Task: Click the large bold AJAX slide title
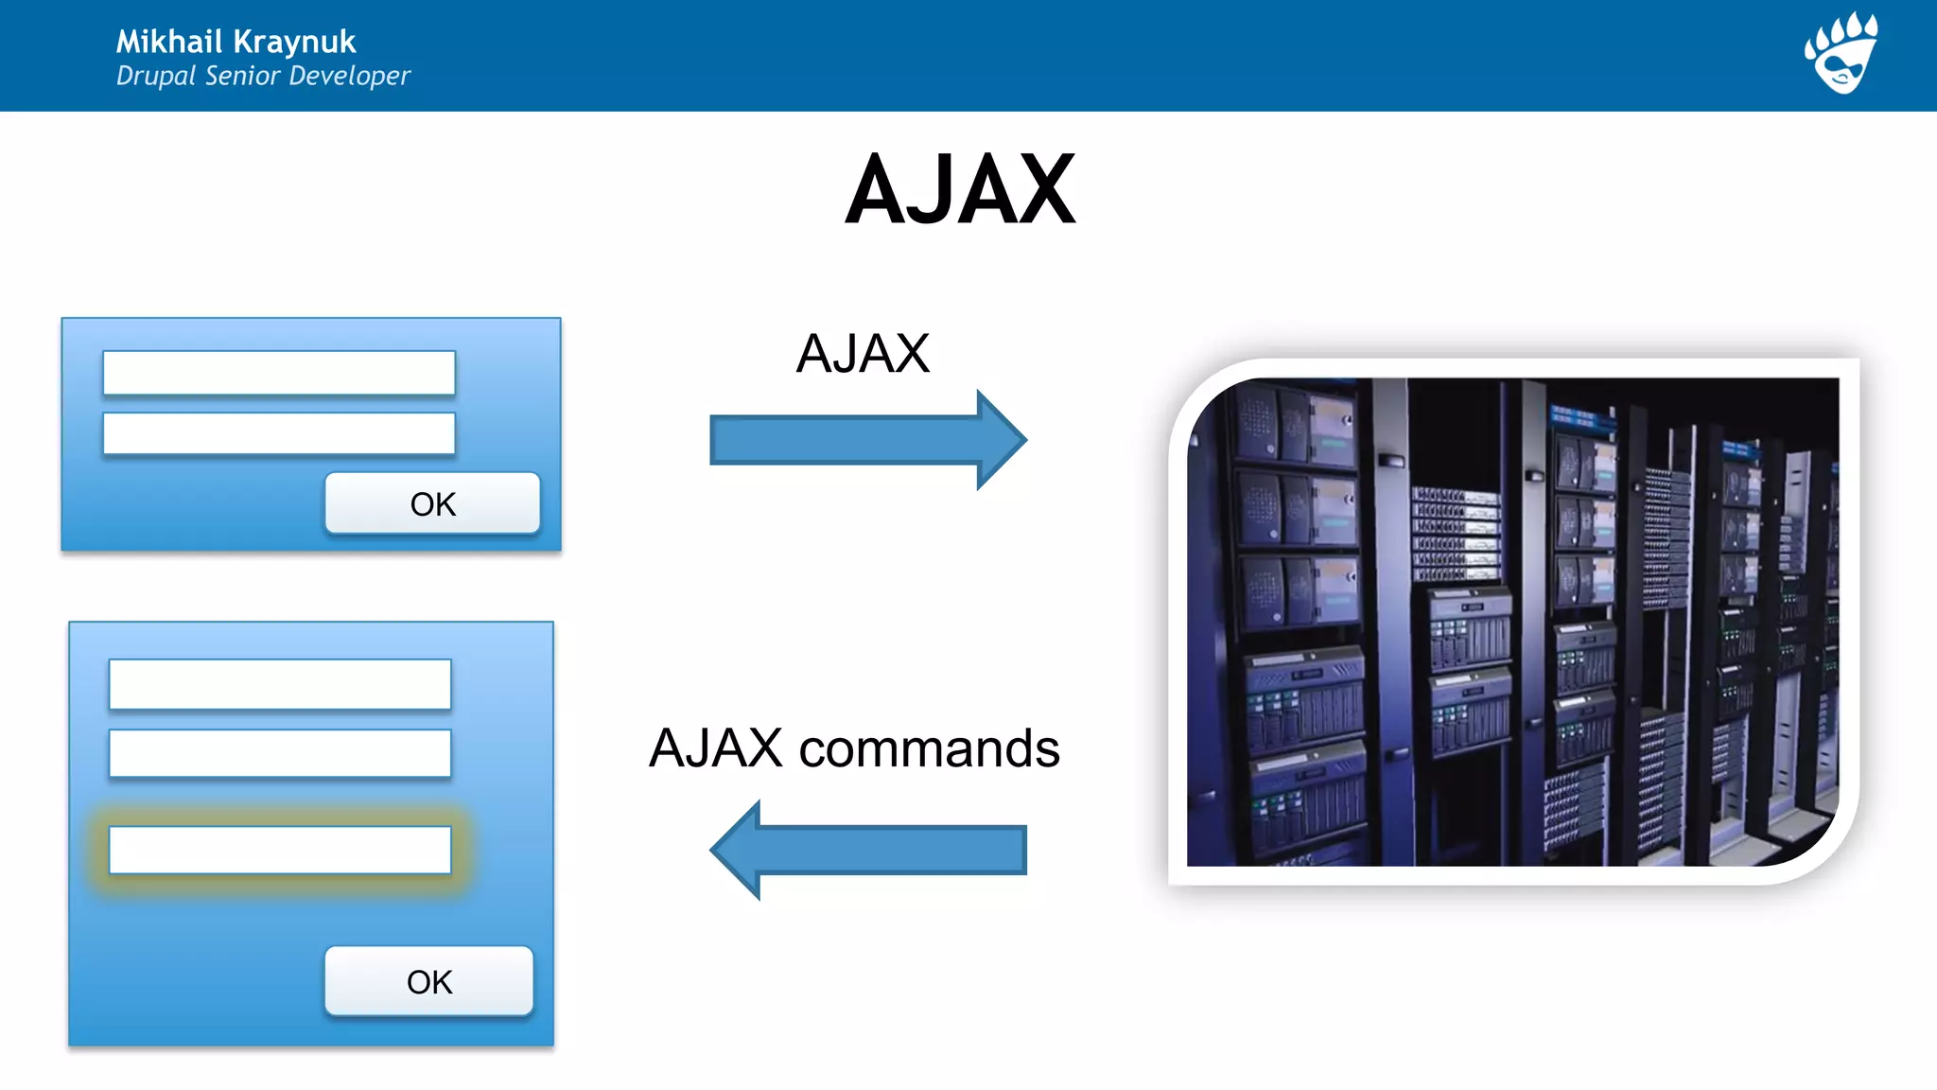[x=960, y=190]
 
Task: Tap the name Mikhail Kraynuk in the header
[x=236, y=42]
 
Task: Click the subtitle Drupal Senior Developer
[x=263, y=76]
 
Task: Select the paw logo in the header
[x=1841, y=53]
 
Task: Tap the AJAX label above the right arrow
[x=863, y=354]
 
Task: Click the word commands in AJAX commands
[x=929, y=748]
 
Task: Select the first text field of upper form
[x=279, y=373]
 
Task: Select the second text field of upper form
[x=279, y=433]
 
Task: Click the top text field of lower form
[x=280, y=684]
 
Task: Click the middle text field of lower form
[x=280, y=753]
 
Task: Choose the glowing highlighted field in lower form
[x=280, y=850]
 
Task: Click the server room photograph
[x=1513, y=622]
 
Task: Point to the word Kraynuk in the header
[x=294, y=42]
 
